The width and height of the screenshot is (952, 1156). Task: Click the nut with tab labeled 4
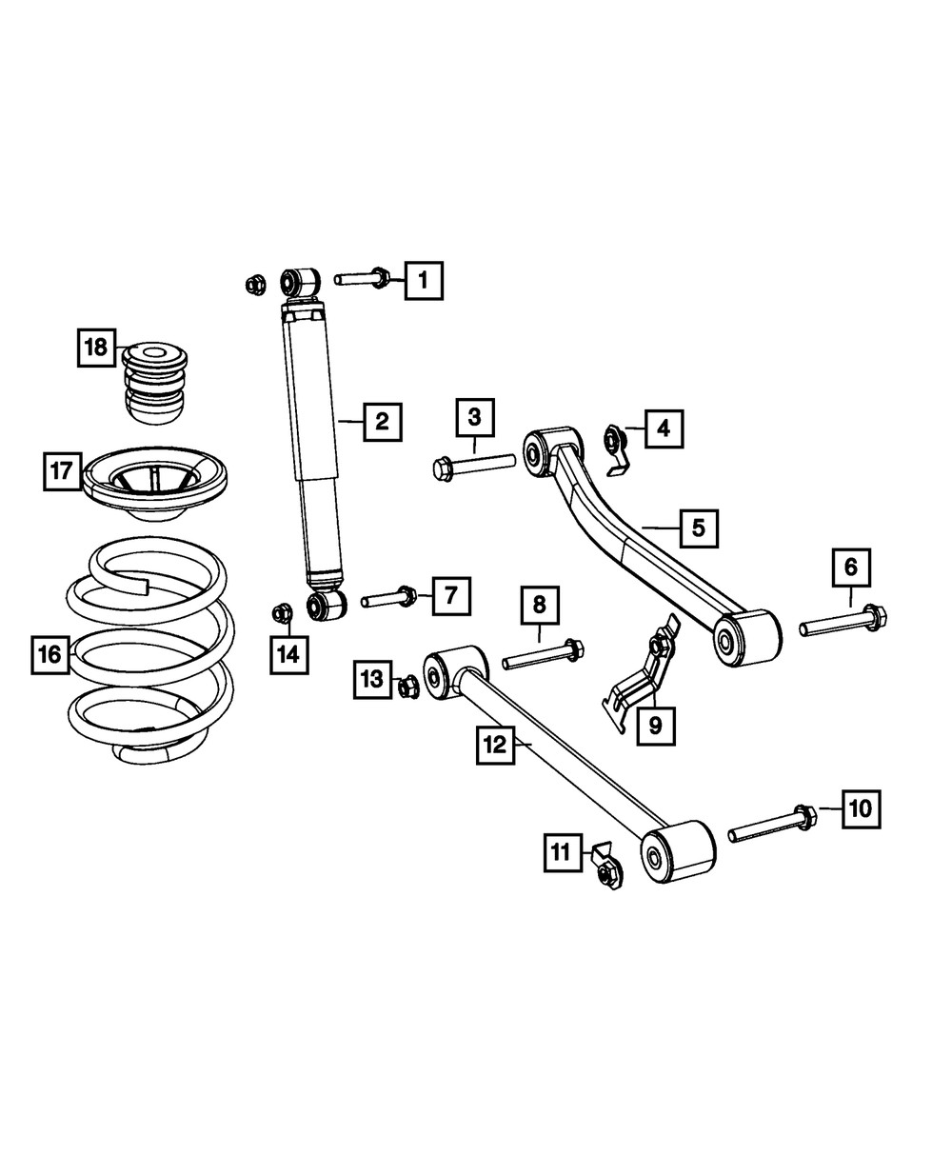(x=614, y=447)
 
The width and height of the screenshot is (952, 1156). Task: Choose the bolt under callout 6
(x=843, y=623)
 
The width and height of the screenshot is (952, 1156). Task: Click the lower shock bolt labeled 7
(x=389, y=599)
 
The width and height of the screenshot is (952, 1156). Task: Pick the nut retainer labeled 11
(x=605, y=864)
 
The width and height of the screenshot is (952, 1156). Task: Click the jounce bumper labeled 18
(x=154, y=383)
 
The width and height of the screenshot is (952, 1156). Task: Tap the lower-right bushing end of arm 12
(x=676, y=852)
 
